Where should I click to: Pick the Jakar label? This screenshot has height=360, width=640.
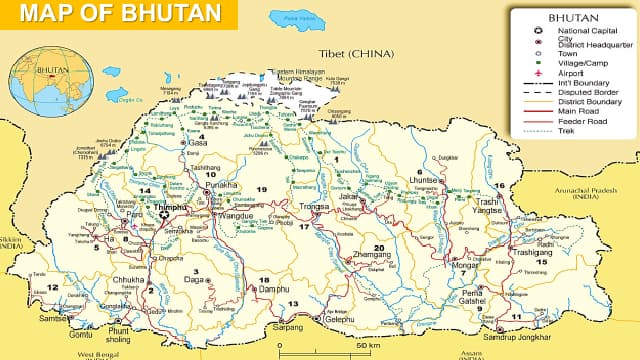348,198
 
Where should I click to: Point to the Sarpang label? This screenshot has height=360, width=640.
286,326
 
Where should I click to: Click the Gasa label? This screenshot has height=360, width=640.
197,143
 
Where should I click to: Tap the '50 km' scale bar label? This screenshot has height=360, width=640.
367,346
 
